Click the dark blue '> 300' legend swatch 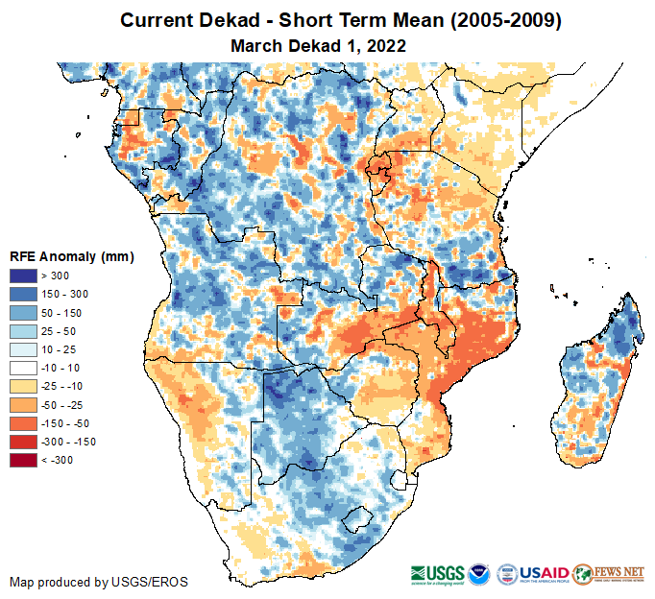coord(24,276)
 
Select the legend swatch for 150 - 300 coord(24,295)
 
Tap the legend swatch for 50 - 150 coord(24,313)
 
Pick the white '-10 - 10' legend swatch coord(24,368)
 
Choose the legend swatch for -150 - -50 coord(24,423)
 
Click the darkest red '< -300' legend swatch coord(24,460)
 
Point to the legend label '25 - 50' coord(57,331)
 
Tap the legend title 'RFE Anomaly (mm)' coord(71,256)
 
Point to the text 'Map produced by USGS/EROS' coord(99,582)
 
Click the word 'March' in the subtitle coord(255,45)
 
